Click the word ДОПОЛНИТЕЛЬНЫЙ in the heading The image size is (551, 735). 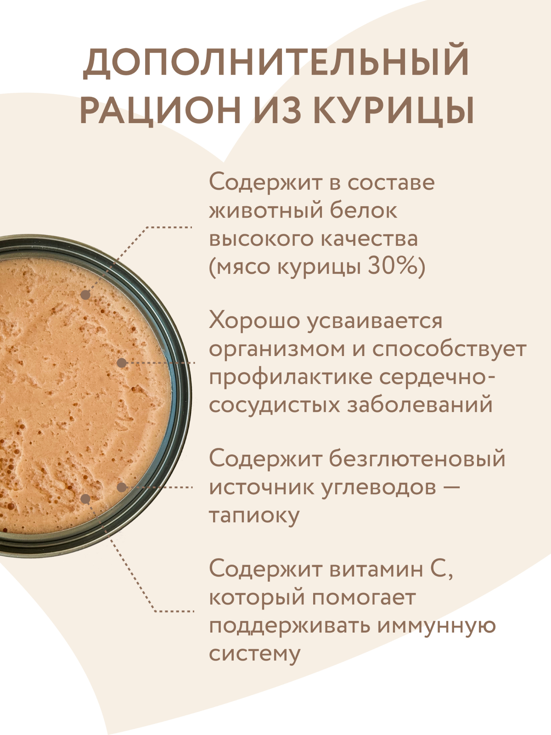click(x=275, y=62)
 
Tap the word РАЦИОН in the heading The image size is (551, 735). click(x=160, y=111)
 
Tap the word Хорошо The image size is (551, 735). click(x=254, y=321)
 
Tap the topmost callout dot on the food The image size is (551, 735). click(x=86, y=294)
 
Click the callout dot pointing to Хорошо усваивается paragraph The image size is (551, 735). click(x=122, y=362)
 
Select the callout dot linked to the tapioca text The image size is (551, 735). click(x=122, y=487)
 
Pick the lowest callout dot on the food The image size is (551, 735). click(x=86, y=498)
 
